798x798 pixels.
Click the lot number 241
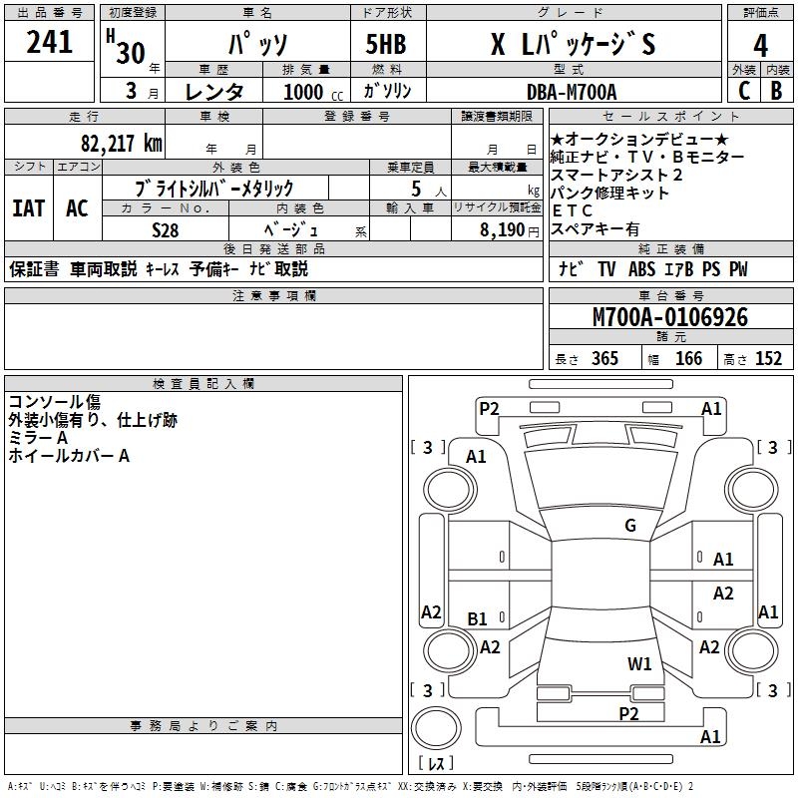(50, 42)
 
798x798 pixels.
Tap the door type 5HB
(385, 45)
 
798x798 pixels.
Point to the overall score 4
(761, 45)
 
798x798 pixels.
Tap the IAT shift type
(29, 208)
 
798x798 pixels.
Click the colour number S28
(165, 229)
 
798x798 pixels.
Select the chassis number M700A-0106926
(669, 318)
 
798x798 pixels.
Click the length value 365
(602, 359)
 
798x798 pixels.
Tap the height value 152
(767, 359)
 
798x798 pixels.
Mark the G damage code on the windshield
(629, 526)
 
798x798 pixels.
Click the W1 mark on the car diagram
(639, 663)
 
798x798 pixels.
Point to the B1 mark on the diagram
(478, 619)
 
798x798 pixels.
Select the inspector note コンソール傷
(54, 402)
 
